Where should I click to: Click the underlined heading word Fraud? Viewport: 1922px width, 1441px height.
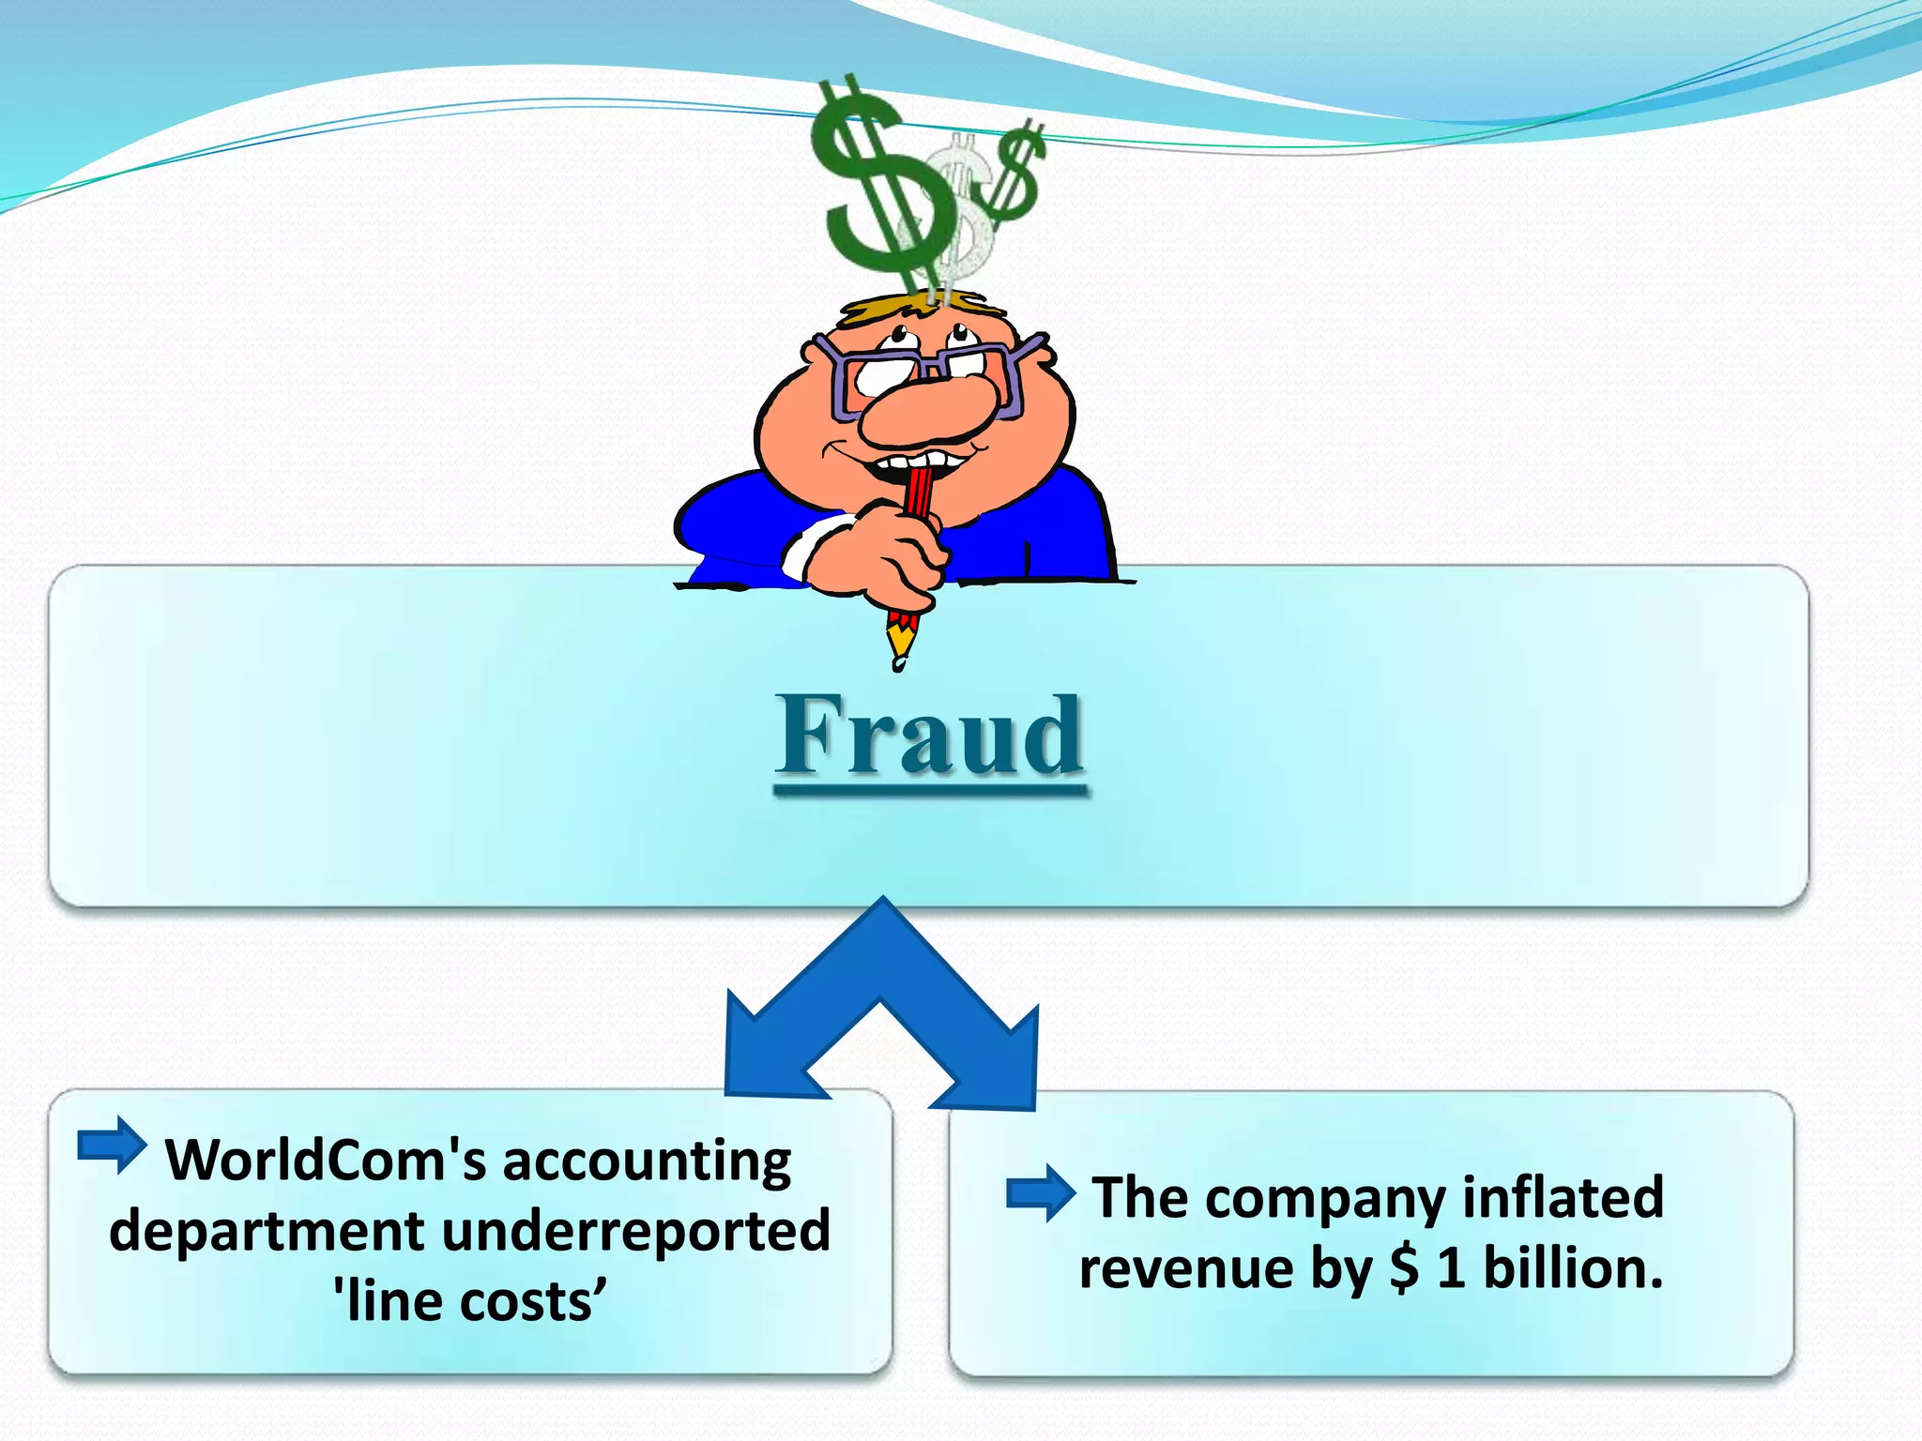click(929, 736)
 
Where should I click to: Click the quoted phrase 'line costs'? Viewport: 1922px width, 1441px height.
click(469, 1301)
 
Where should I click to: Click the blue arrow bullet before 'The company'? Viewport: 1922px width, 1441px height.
click(1040, 1193)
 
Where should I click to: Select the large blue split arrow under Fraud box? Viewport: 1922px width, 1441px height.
click(882, 976)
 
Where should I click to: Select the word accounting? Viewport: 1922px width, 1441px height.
click(647, 1160)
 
